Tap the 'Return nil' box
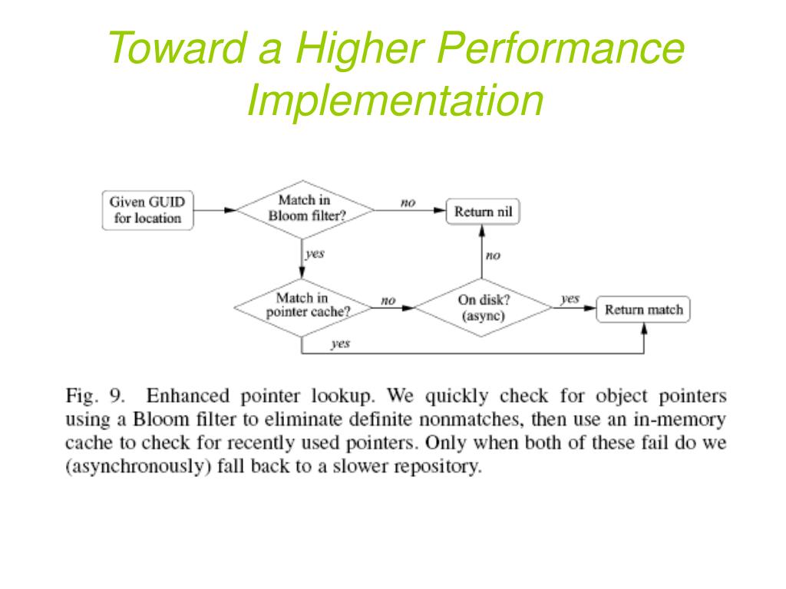(483, 211)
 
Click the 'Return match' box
(643, 310)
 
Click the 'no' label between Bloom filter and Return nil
(408, 202)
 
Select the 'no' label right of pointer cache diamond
(388, 301)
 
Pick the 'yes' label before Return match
(570, 299)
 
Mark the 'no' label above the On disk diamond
(493, 256)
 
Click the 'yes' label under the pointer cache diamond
(340, 344)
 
